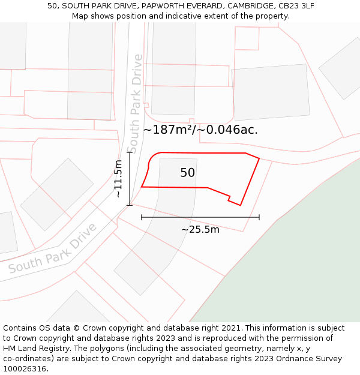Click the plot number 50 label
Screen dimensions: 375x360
(x=187, y=173)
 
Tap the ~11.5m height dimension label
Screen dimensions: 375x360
(x=118, y=179)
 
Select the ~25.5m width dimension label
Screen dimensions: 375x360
(x=200, y=229)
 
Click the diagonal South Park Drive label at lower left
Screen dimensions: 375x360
(x=53, y=249)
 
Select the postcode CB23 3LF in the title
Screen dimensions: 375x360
(x=294, y=6)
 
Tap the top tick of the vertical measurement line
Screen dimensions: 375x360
(x=129, y=153)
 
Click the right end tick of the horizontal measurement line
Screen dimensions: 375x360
(x=259, y=217)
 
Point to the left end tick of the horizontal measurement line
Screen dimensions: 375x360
(x=142, y=217)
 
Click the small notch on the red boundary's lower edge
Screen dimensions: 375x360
(x=229, y=197)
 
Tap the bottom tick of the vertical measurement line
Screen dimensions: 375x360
(x=129, y=205)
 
